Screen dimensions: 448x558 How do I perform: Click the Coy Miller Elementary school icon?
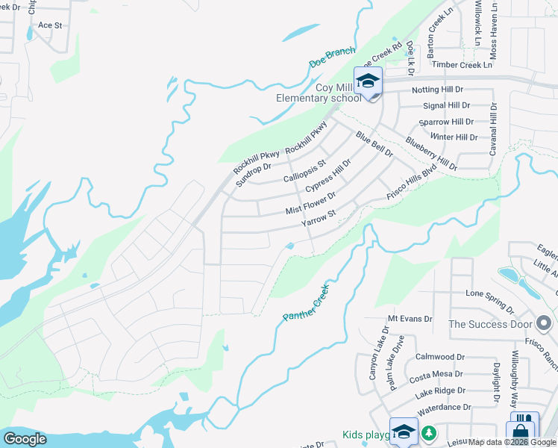coord(369,81)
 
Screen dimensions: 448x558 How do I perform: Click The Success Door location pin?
coord(544,323)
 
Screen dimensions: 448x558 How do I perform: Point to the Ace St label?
coord(49,25)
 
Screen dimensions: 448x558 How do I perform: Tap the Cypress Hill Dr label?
coord(329,176)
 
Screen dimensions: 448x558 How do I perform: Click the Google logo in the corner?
coord(25,439)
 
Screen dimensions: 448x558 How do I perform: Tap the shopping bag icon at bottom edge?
coord(520,431)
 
